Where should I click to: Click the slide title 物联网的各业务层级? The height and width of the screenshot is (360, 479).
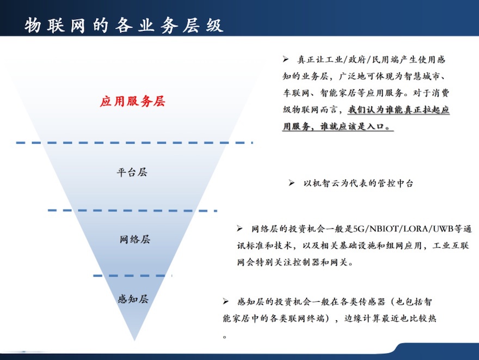[x=124, y=25]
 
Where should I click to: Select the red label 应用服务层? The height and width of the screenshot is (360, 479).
[x=132, y=101]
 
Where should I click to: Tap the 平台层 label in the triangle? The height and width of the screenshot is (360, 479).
[x=132, y=172]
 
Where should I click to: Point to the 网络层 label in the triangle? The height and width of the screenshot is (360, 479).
[x=135, y=239]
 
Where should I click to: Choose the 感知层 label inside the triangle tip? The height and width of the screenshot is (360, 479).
[x=133, y=298]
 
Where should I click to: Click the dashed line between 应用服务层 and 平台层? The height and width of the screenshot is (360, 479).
[x=134, y=143]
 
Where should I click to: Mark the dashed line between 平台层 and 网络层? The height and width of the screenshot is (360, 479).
[x=132, y=211]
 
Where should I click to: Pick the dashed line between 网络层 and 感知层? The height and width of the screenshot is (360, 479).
[x=132, y=276]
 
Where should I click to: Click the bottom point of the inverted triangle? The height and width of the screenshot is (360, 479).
[x=134, y=340]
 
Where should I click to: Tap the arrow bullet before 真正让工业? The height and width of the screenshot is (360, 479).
[x=286, y=59]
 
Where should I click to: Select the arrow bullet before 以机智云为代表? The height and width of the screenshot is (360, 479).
[x=292, y=183]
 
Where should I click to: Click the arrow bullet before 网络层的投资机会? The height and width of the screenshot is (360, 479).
[x=239, y=228]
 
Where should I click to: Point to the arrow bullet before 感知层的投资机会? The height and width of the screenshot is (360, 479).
[x=226, y=302]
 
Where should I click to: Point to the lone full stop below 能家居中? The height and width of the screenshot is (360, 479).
[x=225, y=337]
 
